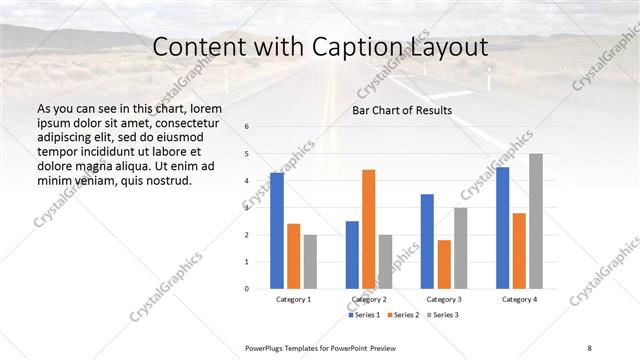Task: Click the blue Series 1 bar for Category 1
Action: [x=277, y=230]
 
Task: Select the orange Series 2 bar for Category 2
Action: [x=369, y=229]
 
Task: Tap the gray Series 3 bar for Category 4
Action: [x=536, y=221]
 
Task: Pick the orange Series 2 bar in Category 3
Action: [x=444, y=264]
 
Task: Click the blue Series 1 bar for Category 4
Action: [x=503, y=227]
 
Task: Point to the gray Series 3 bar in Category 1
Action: [x=310, y=261]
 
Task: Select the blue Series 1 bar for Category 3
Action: [x=428, y=241]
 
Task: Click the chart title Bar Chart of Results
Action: [x=402, y=110]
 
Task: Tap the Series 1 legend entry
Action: [x=363, y=315]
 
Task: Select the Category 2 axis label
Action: [x=369, y=299]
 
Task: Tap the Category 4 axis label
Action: [x=519, y=299]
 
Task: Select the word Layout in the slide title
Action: [x=443, y=47]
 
